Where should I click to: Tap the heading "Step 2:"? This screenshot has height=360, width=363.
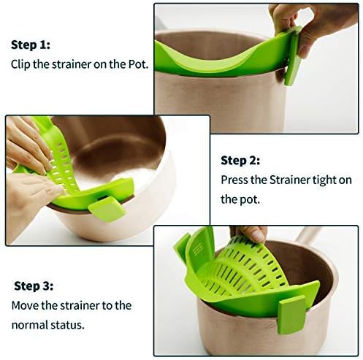[x=240, y=160]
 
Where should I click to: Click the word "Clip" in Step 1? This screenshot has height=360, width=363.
[x=21, y=64]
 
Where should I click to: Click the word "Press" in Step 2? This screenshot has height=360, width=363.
[x=235, y=179]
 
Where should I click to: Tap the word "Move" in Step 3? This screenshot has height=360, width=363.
[x=24, y=305]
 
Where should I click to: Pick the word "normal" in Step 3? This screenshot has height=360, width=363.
[x=29, y=323]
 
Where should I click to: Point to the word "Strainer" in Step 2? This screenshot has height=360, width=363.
[x=293, y=179]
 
